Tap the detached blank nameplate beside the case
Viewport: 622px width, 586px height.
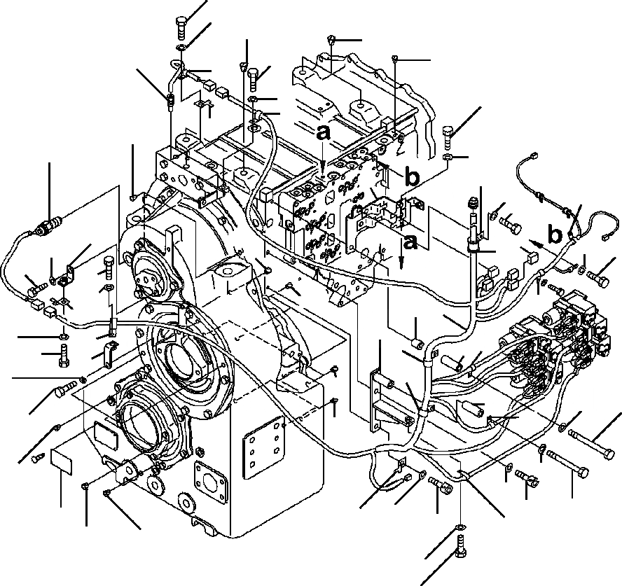coord(61,462)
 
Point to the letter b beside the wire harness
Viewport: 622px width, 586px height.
coord(555,235)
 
